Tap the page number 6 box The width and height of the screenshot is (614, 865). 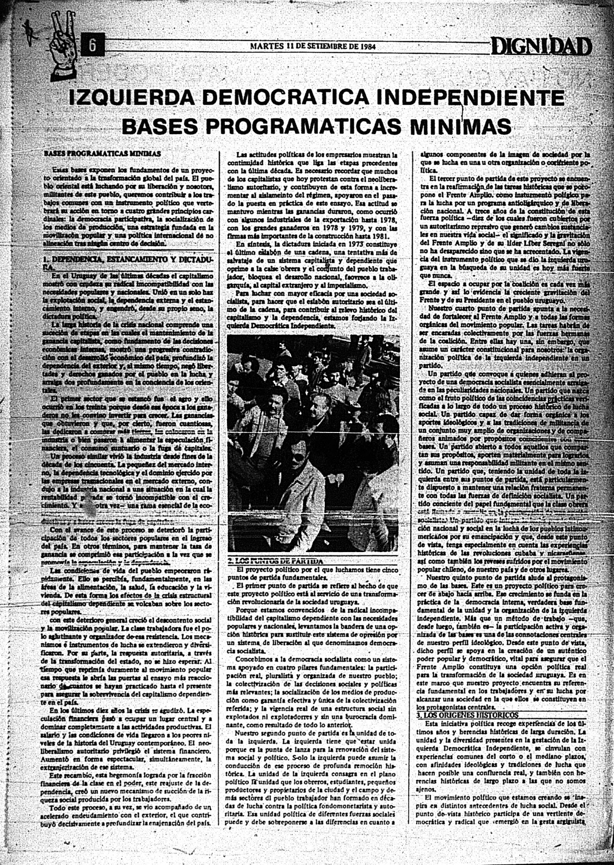(x=92, y=46)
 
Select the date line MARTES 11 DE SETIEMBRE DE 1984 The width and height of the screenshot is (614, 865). (x=312, y=46)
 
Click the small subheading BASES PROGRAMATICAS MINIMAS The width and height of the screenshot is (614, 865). (x=102, y=153)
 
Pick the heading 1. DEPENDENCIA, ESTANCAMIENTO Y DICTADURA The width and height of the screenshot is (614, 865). (x=128, y=263)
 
